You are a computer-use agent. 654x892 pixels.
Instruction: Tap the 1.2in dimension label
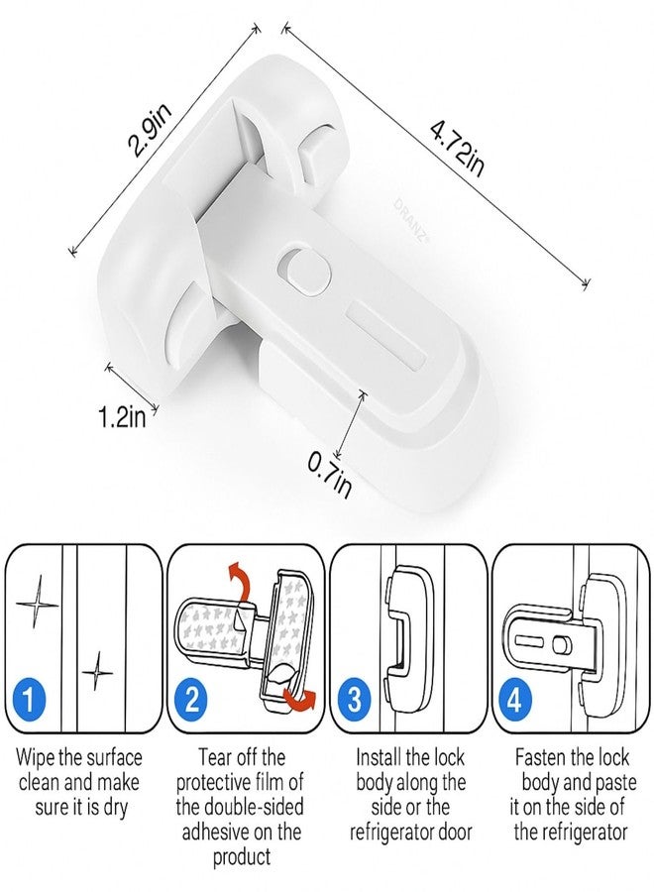[x=123, y=415]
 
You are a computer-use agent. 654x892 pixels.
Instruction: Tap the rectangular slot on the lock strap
[x=386, y=329]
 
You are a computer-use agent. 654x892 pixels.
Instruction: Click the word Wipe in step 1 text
[x=36, y=758]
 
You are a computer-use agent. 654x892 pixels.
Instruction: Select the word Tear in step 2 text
[x=218, y=758]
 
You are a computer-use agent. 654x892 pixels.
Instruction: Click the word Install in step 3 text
[x=381, y=758]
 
